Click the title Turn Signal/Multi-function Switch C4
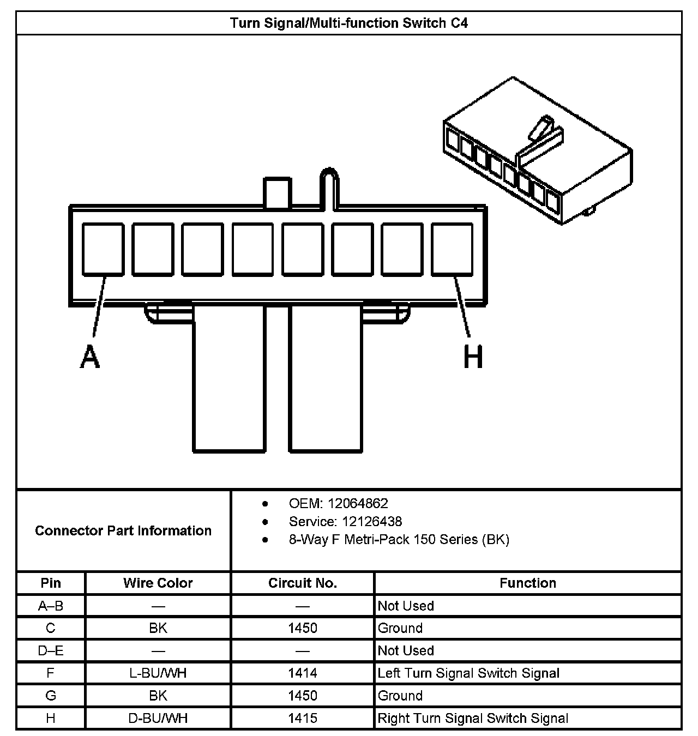click(348, 23)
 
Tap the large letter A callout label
click(90, 357)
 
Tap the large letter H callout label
click(473, 358)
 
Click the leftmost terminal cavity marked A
click(103, 249)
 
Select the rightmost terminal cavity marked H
click(452, 249)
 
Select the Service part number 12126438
click(372, 521)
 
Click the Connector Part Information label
click(123, 530)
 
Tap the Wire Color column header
click(158, 583)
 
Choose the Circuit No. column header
click(303, 583)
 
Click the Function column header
click(528, 583)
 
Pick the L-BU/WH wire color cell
click(158, 673)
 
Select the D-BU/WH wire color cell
click(158, 718)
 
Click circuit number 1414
click(303, 673)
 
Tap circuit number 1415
click(303, 718)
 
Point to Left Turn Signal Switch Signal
click(468, 673)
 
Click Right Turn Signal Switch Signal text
click(473, 718)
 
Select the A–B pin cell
click(51, 606)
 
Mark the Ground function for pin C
click(400, 628)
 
